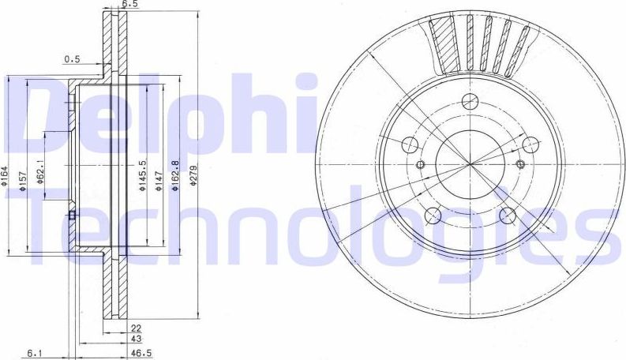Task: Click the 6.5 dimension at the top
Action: click(x=129, y=4)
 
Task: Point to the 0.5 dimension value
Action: click(x=72, y=58)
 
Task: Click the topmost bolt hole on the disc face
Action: click(x=470, y=101)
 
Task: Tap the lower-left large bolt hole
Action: click(x=432, y=216)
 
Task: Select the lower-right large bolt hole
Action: click(x=508, y=215)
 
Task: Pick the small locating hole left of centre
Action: click(x=420, y=164)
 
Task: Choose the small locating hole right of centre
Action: click(x=520, y=163)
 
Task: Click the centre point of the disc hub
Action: click(x=470, y=163)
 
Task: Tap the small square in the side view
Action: click(x=72, y=215)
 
